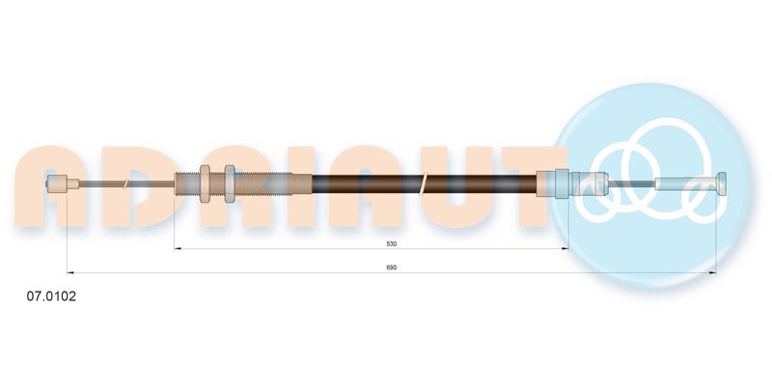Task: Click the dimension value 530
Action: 392,243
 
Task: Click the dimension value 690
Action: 392,268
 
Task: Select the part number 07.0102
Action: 51,297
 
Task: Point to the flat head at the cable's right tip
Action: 722,184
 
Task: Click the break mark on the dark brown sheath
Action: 424,184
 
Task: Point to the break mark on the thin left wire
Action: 126,184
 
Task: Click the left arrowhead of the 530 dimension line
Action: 179,249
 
